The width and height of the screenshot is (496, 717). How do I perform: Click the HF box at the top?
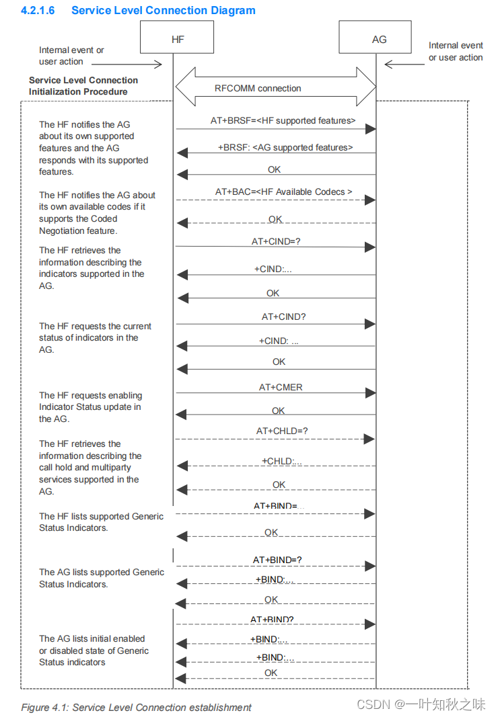[x=177, y=37]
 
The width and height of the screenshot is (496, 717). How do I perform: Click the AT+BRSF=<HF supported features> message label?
[x=283, y=121]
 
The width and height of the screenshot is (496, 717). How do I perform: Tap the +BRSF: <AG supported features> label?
[x=285, y=147]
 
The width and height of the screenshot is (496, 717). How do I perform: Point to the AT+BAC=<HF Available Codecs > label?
[x=283, y=192]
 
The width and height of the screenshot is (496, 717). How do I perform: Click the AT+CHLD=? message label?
[x=282, y=431]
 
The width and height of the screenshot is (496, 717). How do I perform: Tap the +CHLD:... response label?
[x=281, y=461]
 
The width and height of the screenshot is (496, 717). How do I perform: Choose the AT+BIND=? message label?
[x=277, y=560]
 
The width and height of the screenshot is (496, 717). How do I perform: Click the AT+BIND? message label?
[x=272, y=620]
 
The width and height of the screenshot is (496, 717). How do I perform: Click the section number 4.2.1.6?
[x=38, y=10]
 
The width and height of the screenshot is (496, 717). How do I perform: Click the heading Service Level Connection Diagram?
[x=163, y=10]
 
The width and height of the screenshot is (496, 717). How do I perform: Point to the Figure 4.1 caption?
[x=136, y=707]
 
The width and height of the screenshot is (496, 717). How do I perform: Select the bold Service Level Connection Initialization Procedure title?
[x=83, y=86]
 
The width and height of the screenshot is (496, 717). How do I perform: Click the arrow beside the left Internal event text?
[x=149, y=65]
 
